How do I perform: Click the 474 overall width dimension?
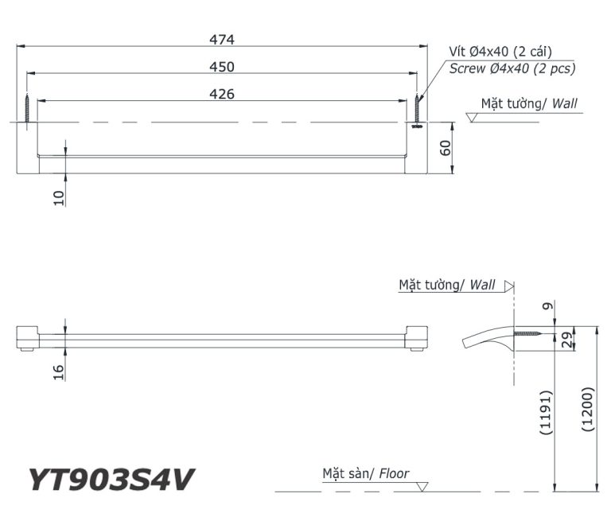(x=222, y=39)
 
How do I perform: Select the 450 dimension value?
(x=222, y=67)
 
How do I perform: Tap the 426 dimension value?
(x=222, y=94)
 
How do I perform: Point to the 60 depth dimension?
(x=446, y=148)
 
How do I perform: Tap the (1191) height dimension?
(x=546, y=411)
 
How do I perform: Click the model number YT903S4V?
(x=111, y=480)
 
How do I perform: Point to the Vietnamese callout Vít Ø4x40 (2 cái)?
(x=500, y=52)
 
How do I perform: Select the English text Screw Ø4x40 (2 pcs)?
(x=512, y=68)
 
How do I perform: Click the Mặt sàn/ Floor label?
(x=365, y=474)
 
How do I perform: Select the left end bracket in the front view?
(x=27, y=338)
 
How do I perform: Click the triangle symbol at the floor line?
(x=422, y=486)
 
